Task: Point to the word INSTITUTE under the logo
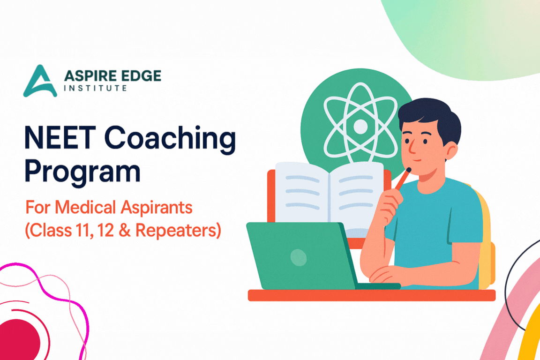click(96, 88)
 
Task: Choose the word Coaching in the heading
click(170, 138)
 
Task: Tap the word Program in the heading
click(82, 172)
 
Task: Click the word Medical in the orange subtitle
click(85, 207)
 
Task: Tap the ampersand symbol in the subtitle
click(125, 231)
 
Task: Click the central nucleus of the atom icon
click(360, 127)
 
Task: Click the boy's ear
click(450, 151)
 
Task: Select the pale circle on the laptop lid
click(298, 257)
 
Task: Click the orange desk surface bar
click(372, 295)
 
